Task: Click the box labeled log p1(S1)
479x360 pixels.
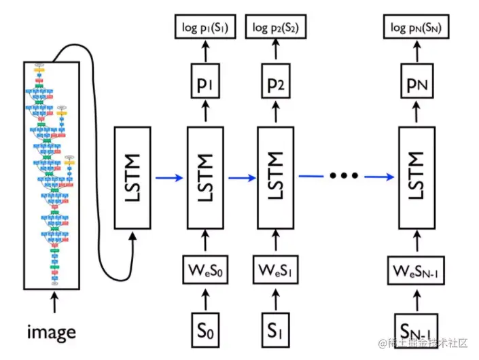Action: click(x=205, y=27)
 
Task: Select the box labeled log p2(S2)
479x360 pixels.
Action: click(x=279, y=27)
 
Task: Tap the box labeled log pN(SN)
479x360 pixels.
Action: click(x=416, y=27)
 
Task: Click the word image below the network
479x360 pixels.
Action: click(x=52, y=333)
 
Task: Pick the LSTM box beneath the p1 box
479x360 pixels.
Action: click(x=205, y=177)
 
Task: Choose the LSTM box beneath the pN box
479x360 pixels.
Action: click(x=416, y=177)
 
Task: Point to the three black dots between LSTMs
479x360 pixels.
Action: click(x=343, y=176)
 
